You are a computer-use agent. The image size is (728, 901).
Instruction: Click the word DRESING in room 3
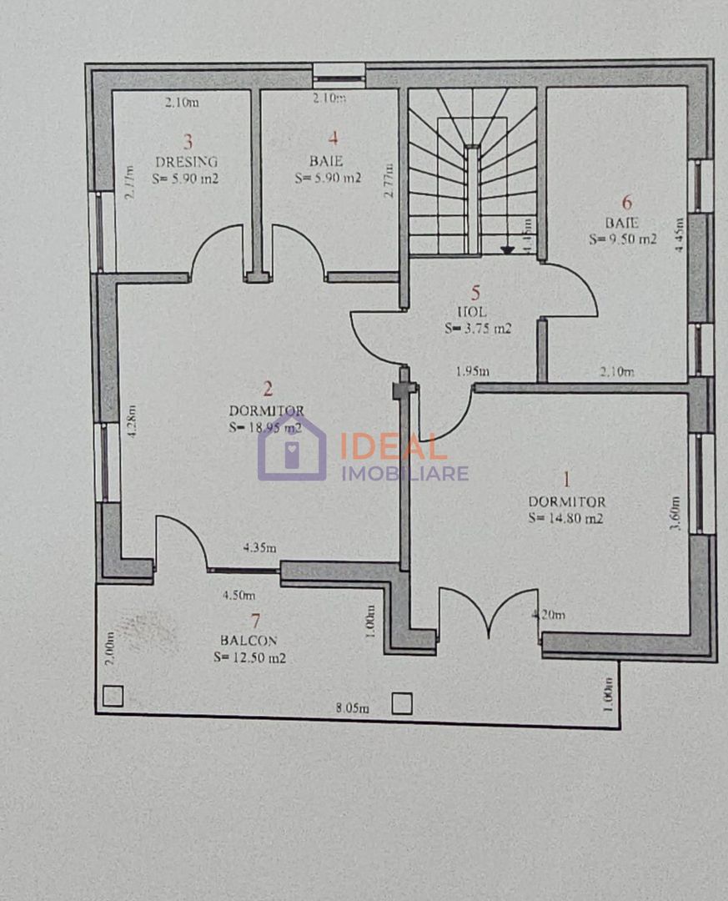click(x=186, y=162)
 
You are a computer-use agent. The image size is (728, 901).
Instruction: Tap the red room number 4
click(x=334, y=139)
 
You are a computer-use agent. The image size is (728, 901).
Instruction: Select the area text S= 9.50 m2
click(x=623, y=239)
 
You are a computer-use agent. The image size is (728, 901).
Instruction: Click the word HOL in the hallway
click(x=477, y=311)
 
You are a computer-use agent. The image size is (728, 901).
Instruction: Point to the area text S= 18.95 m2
click(x=265, y=427)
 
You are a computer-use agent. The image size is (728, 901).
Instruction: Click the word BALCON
click(x=249, y=641)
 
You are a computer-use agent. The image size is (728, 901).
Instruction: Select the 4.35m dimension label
click(x=260, y=548)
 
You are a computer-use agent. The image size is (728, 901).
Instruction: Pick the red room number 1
click(x=567, y=480)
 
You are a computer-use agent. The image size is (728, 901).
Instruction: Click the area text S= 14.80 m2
click(x=565, y=518)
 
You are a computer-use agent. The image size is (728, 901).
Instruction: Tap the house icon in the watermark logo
click(x=292, y=450)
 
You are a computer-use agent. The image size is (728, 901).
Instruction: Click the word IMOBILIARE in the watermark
click(x=404, y=474)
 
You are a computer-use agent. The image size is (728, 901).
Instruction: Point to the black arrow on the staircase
click(x=507, y=248)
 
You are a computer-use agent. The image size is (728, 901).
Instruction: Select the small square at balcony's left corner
click(x=113, y=696)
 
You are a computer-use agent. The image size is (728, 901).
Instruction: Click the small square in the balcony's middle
click(x=402, y=705)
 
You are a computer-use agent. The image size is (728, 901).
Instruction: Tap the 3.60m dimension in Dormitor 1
click(x=675, y=514)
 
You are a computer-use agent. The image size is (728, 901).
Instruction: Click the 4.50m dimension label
click(x=238, y=596)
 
